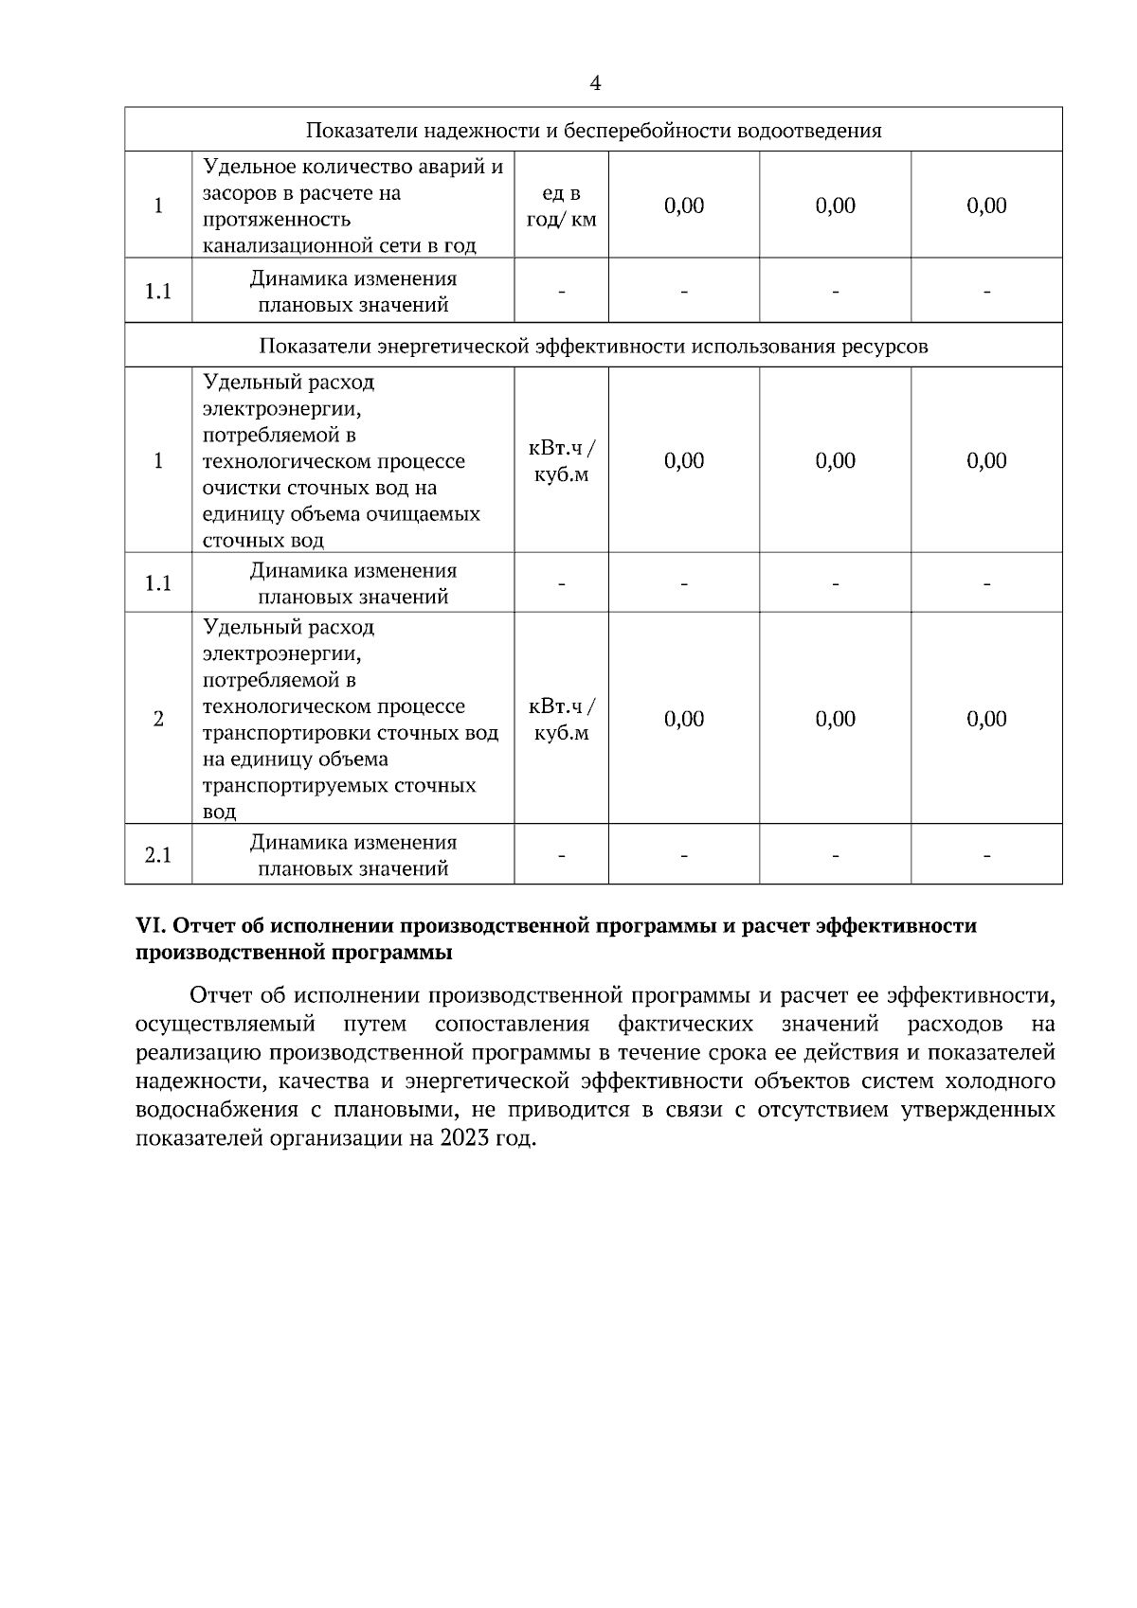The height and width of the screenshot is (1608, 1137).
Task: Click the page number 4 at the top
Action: [x=594, y=84]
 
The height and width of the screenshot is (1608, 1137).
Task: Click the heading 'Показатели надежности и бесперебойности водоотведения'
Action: [x=593, y=131]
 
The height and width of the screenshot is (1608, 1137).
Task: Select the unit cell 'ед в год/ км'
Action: [x=561, y=206]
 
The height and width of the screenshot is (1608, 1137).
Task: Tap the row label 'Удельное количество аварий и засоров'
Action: [x=352, y=180]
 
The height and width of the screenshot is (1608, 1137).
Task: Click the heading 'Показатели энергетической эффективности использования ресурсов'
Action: [x=593, y=347]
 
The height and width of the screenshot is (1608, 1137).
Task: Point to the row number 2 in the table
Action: [x=158, y=719]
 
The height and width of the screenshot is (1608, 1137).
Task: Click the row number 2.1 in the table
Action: [x=158, y=855]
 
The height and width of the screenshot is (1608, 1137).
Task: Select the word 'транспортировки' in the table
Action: [x=286, y=733]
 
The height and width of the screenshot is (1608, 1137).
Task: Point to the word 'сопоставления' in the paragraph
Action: [x=512, y=1024]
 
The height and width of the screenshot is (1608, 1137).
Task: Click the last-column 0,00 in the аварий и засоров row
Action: [x=986, y=206]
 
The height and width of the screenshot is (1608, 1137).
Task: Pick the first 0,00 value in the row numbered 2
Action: [x=684, y=719]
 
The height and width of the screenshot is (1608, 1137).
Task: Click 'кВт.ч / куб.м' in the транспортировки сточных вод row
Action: [x=561, y=720]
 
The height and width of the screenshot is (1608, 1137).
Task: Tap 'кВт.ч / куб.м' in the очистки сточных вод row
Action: [x=561, y=461]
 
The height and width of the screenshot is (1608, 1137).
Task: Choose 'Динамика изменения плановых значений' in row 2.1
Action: [x=352, y=855]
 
